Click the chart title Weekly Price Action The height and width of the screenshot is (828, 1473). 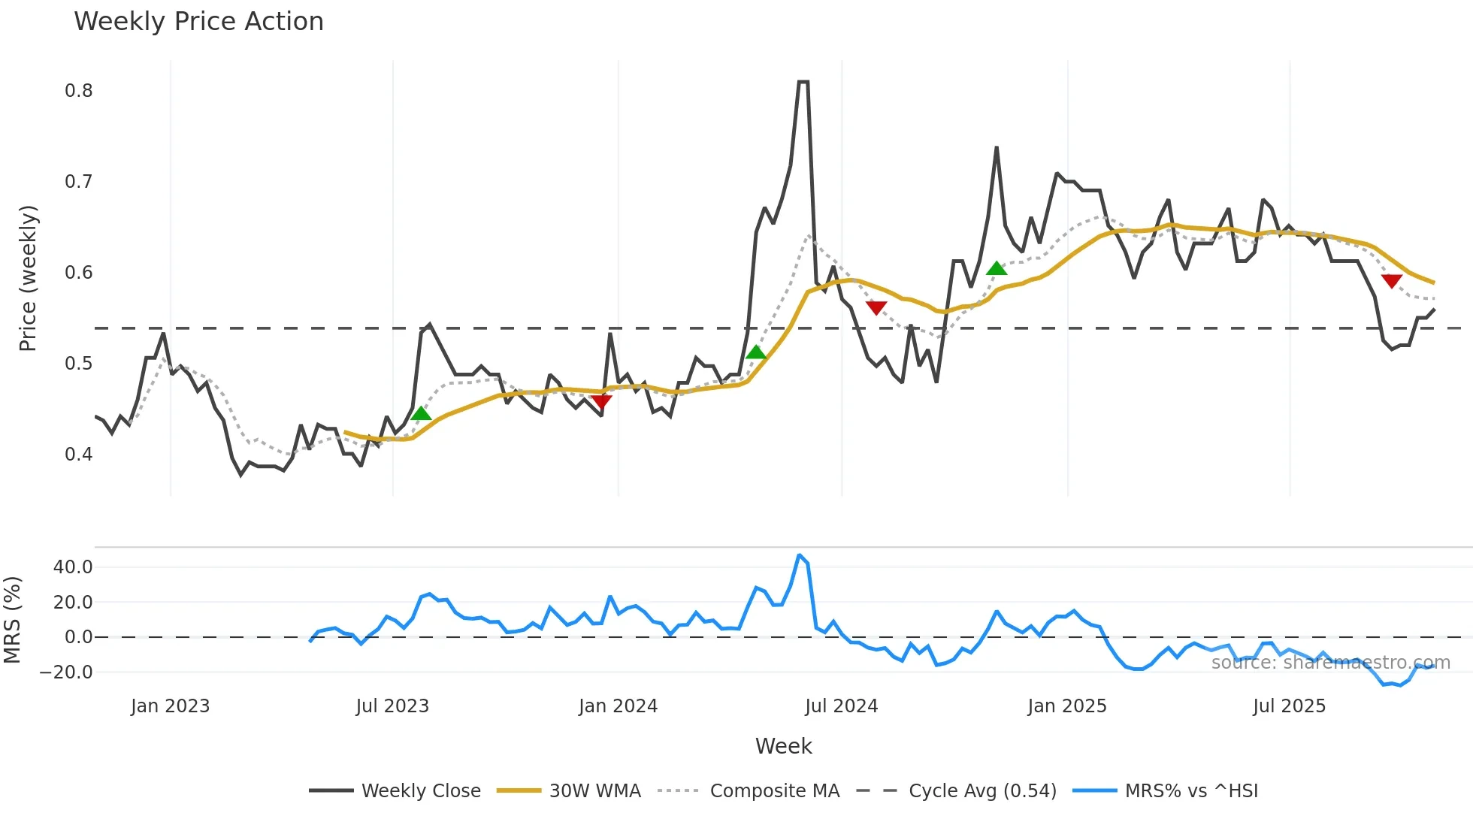click(198, 22)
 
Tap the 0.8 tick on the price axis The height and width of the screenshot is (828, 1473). click(78, 91)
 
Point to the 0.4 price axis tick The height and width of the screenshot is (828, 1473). click(78, 455)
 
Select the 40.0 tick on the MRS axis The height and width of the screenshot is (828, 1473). click(72, 567)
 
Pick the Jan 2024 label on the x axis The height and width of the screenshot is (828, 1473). click(618, 706)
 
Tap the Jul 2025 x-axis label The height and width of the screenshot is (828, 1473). click(1289, 706)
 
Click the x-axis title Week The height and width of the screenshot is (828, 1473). click(783, 746)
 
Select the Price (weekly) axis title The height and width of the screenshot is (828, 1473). click(28, 278)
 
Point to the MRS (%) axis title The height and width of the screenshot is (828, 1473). click(13, 620)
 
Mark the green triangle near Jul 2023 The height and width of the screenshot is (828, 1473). click(421, 413)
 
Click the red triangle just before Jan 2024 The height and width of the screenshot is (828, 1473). click(601, 401)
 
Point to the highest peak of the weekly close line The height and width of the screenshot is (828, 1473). click(803, 82)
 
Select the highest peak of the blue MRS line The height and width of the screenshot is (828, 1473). click(800, 556)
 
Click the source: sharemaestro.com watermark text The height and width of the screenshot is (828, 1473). click(1330, 663)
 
